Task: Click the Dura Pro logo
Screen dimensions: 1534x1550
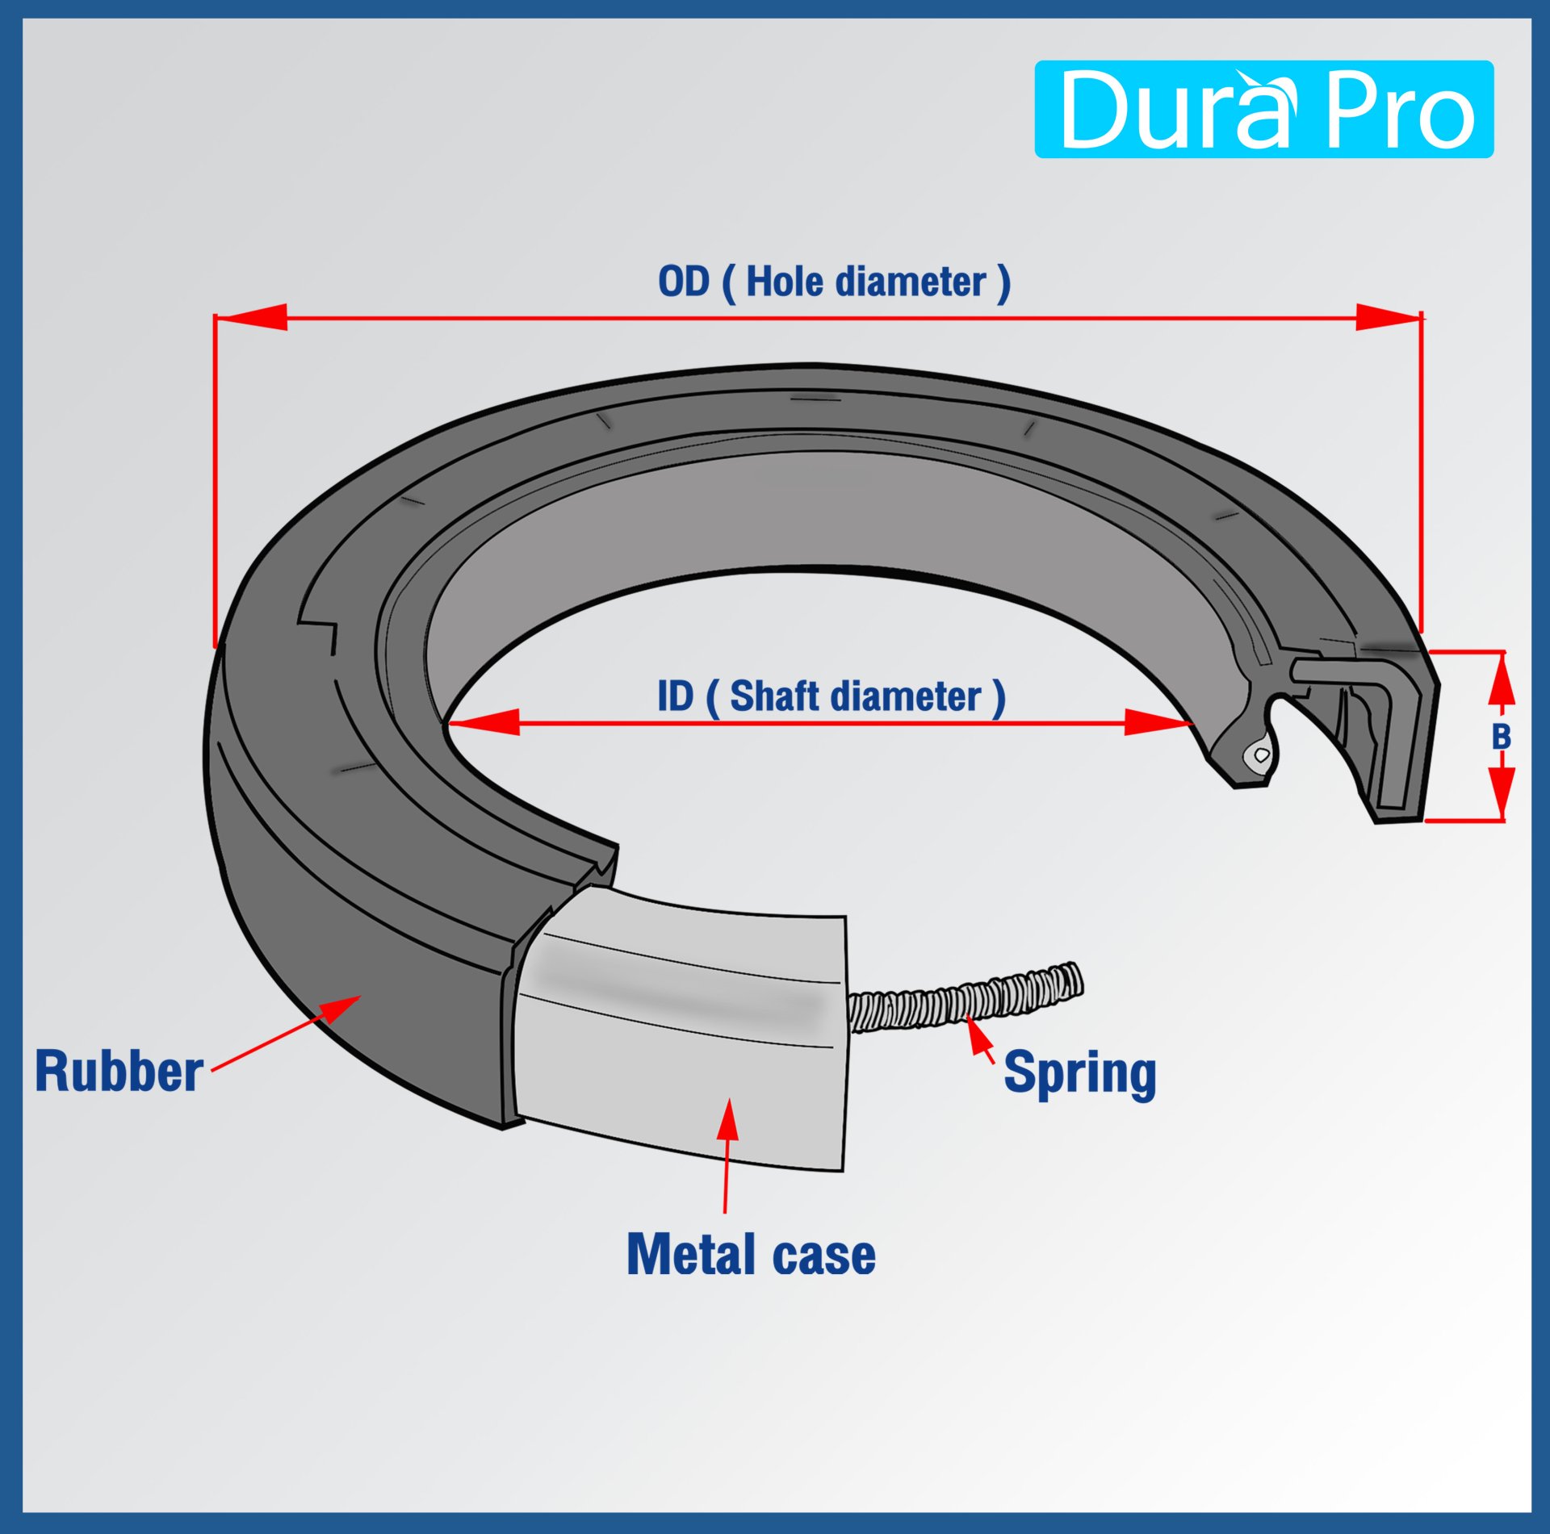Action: click(x=1263, y=109)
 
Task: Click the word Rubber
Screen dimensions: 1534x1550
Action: click(x=119, y=1072)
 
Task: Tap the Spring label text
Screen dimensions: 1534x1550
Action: click(x=1079, y=1073)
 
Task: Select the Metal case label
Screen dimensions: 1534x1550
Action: click(x=751, y=1255)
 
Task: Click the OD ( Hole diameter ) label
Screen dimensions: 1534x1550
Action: click(x=834, y=282)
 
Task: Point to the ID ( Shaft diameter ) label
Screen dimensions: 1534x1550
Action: click(x=832, y=696)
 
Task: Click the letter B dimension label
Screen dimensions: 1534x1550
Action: click(x=1501, y=737)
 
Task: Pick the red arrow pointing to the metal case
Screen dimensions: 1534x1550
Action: click(x=727, y=1154)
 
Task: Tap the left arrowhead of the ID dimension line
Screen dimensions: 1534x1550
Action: click(x=484, y=722)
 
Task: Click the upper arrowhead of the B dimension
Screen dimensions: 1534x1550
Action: click(x=1501, y=682)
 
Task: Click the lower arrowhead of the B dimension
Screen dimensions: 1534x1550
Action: click(x=1501, y=791)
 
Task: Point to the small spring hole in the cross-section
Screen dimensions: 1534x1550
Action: click(x=1262, y=754)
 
